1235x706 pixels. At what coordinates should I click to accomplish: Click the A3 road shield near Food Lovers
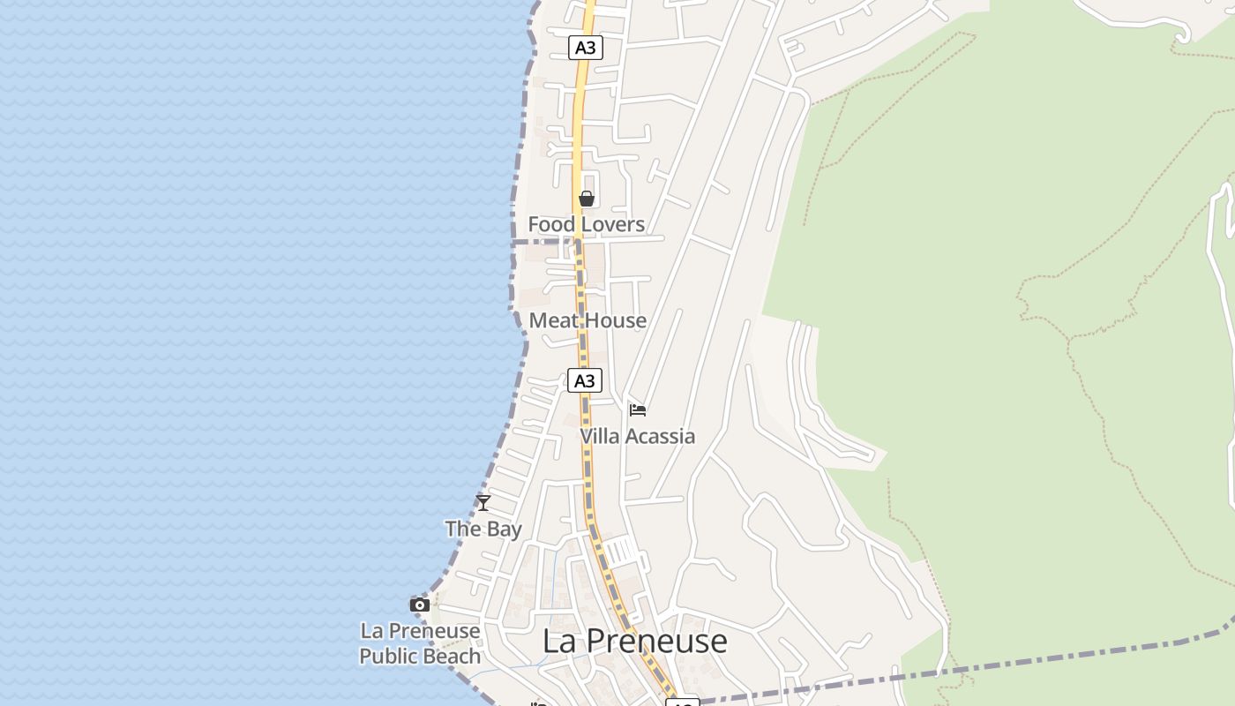click(585, 48)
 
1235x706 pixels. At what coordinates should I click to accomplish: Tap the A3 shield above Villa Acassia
click(584, 380)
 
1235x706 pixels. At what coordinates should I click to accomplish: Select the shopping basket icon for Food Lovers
click(587, 199)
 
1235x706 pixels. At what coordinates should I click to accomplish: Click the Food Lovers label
click(586, 224)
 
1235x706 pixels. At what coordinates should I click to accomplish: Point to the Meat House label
click(588, 320)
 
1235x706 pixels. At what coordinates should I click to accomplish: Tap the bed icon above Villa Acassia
click(638, 409)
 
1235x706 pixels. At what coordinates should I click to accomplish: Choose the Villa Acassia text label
click(637, 436)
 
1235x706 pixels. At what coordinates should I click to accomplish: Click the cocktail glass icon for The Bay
click(483, 503)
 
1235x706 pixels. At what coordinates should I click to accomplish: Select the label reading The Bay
click(483, 529)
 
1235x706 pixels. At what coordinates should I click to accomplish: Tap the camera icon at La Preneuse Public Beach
click(420, 605)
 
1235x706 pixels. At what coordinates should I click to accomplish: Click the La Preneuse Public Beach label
click(420, 643)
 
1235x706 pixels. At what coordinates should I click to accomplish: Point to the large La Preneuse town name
click(634, 641)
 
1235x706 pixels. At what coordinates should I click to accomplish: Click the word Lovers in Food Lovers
click(611, 224)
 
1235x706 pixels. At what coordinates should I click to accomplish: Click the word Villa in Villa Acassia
click(600, 436)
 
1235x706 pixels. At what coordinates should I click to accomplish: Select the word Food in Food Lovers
click(550, 224)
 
